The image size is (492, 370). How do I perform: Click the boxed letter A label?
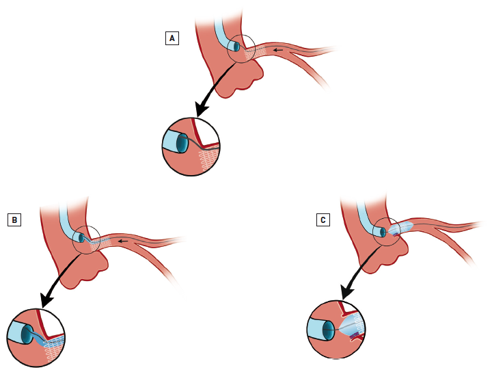pyautogui.click(x=173, y=38)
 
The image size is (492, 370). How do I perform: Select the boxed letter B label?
pyautogui.click(x=14, y=220)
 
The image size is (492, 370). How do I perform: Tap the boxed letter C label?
pyautogui.click(x=323, y=220)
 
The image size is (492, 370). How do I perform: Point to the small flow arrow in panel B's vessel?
pyautogui.click(x=122, y=241)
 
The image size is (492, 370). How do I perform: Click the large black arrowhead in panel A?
pyautogui.click(x=202, y=108)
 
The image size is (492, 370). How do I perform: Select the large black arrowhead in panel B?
pyautogui.click(x=46, y=298)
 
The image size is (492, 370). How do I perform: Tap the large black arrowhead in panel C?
pyautogui.click(x=345, y=291)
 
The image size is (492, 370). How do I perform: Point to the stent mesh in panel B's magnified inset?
pyautogui.click(x=53, y=346)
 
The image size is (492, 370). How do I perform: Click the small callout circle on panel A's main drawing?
pyautogui.click(x=241, y=49)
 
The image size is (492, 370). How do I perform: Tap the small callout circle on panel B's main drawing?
pyautogui.click(x=87, y=239)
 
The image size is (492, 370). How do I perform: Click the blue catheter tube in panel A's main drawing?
pyautogui.click(x=223, y=31)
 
